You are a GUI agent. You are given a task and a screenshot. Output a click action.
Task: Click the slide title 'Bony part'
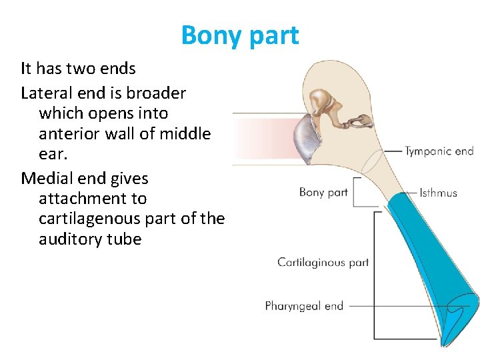point(240,35)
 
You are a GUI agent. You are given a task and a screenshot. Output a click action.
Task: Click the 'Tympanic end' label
point(439,151)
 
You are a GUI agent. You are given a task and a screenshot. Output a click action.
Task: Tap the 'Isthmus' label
point(438,193)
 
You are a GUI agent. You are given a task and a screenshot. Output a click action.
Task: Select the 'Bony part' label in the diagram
point(323,192)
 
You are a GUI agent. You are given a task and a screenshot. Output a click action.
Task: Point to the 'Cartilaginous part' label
point(323,262)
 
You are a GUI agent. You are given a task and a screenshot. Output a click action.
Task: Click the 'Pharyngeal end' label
point(304,306)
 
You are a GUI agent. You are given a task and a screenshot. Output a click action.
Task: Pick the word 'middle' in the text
point(183,133)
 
